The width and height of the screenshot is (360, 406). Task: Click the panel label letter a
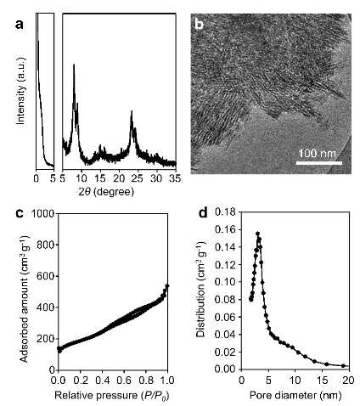coord(20,25)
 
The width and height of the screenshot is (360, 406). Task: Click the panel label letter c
coord(19,213)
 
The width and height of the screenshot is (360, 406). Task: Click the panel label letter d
coord(203,212)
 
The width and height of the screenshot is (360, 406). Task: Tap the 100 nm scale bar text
coord(318,154)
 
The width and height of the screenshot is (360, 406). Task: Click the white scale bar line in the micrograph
coord(319,163)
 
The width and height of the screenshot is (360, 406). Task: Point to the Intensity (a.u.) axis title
coord(20,91)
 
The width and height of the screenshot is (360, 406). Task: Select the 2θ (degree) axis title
coord(106,192)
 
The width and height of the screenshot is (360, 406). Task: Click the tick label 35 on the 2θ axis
coord(175,179)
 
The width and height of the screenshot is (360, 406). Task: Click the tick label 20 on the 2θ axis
coord(119,179)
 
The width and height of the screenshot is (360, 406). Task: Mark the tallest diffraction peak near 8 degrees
coord(74,65)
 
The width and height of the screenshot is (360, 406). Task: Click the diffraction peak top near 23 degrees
coord(132,111)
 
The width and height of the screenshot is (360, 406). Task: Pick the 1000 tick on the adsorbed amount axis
coord(43,213)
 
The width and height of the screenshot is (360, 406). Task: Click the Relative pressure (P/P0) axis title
coord(111,395)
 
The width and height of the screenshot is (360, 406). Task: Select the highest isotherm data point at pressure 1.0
coord(167,286)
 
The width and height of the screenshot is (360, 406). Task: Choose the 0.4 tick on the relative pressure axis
coord(102,380)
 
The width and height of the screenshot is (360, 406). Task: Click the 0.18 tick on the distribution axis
coord(226,212)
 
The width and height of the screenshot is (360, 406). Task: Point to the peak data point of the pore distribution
coord(257,234)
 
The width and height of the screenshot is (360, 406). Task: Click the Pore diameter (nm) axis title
coord(295,395)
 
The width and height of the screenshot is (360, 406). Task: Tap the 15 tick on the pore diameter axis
coord(322,381)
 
